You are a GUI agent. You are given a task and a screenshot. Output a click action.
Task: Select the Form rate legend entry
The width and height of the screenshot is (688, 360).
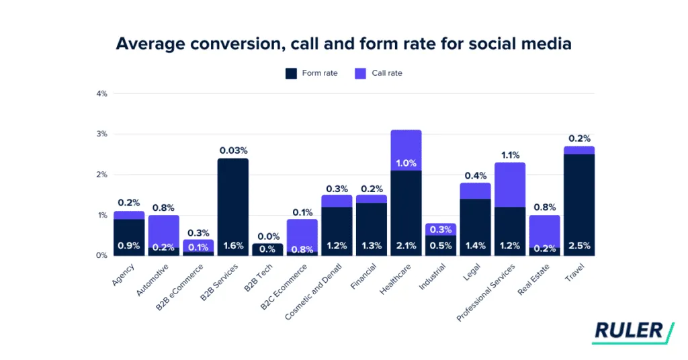[311, 73]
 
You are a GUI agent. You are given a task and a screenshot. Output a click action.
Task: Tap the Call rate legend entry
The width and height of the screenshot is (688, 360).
[378, 73]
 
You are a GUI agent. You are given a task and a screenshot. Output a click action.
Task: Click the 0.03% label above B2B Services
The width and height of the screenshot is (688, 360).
[233, 150]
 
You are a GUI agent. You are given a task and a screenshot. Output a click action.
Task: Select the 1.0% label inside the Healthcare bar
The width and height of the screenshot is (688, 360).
[406, 163]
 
